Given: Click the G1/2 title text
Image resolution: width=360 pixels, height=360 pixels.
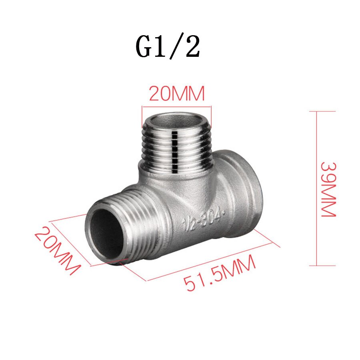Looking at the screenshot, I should pyautogui.click(x=168, y=47).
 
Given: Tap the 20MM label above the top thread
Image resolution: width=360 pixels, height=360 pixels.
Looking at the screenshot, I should pyautogui.click(x=176, y=94).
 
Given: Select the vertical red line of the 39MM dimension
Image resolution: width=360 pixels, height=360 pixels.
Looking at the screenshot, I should pyautogui.click(x=316, y=188).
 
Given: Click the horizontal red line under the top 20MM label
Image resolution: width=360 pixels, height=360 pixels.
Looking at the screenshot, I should pyautogui.click(x=176, y=107).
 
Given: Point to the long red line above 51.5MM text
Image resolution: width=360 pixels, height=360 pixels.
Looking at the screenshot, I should pyautogui.click(x=212, y=260).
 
